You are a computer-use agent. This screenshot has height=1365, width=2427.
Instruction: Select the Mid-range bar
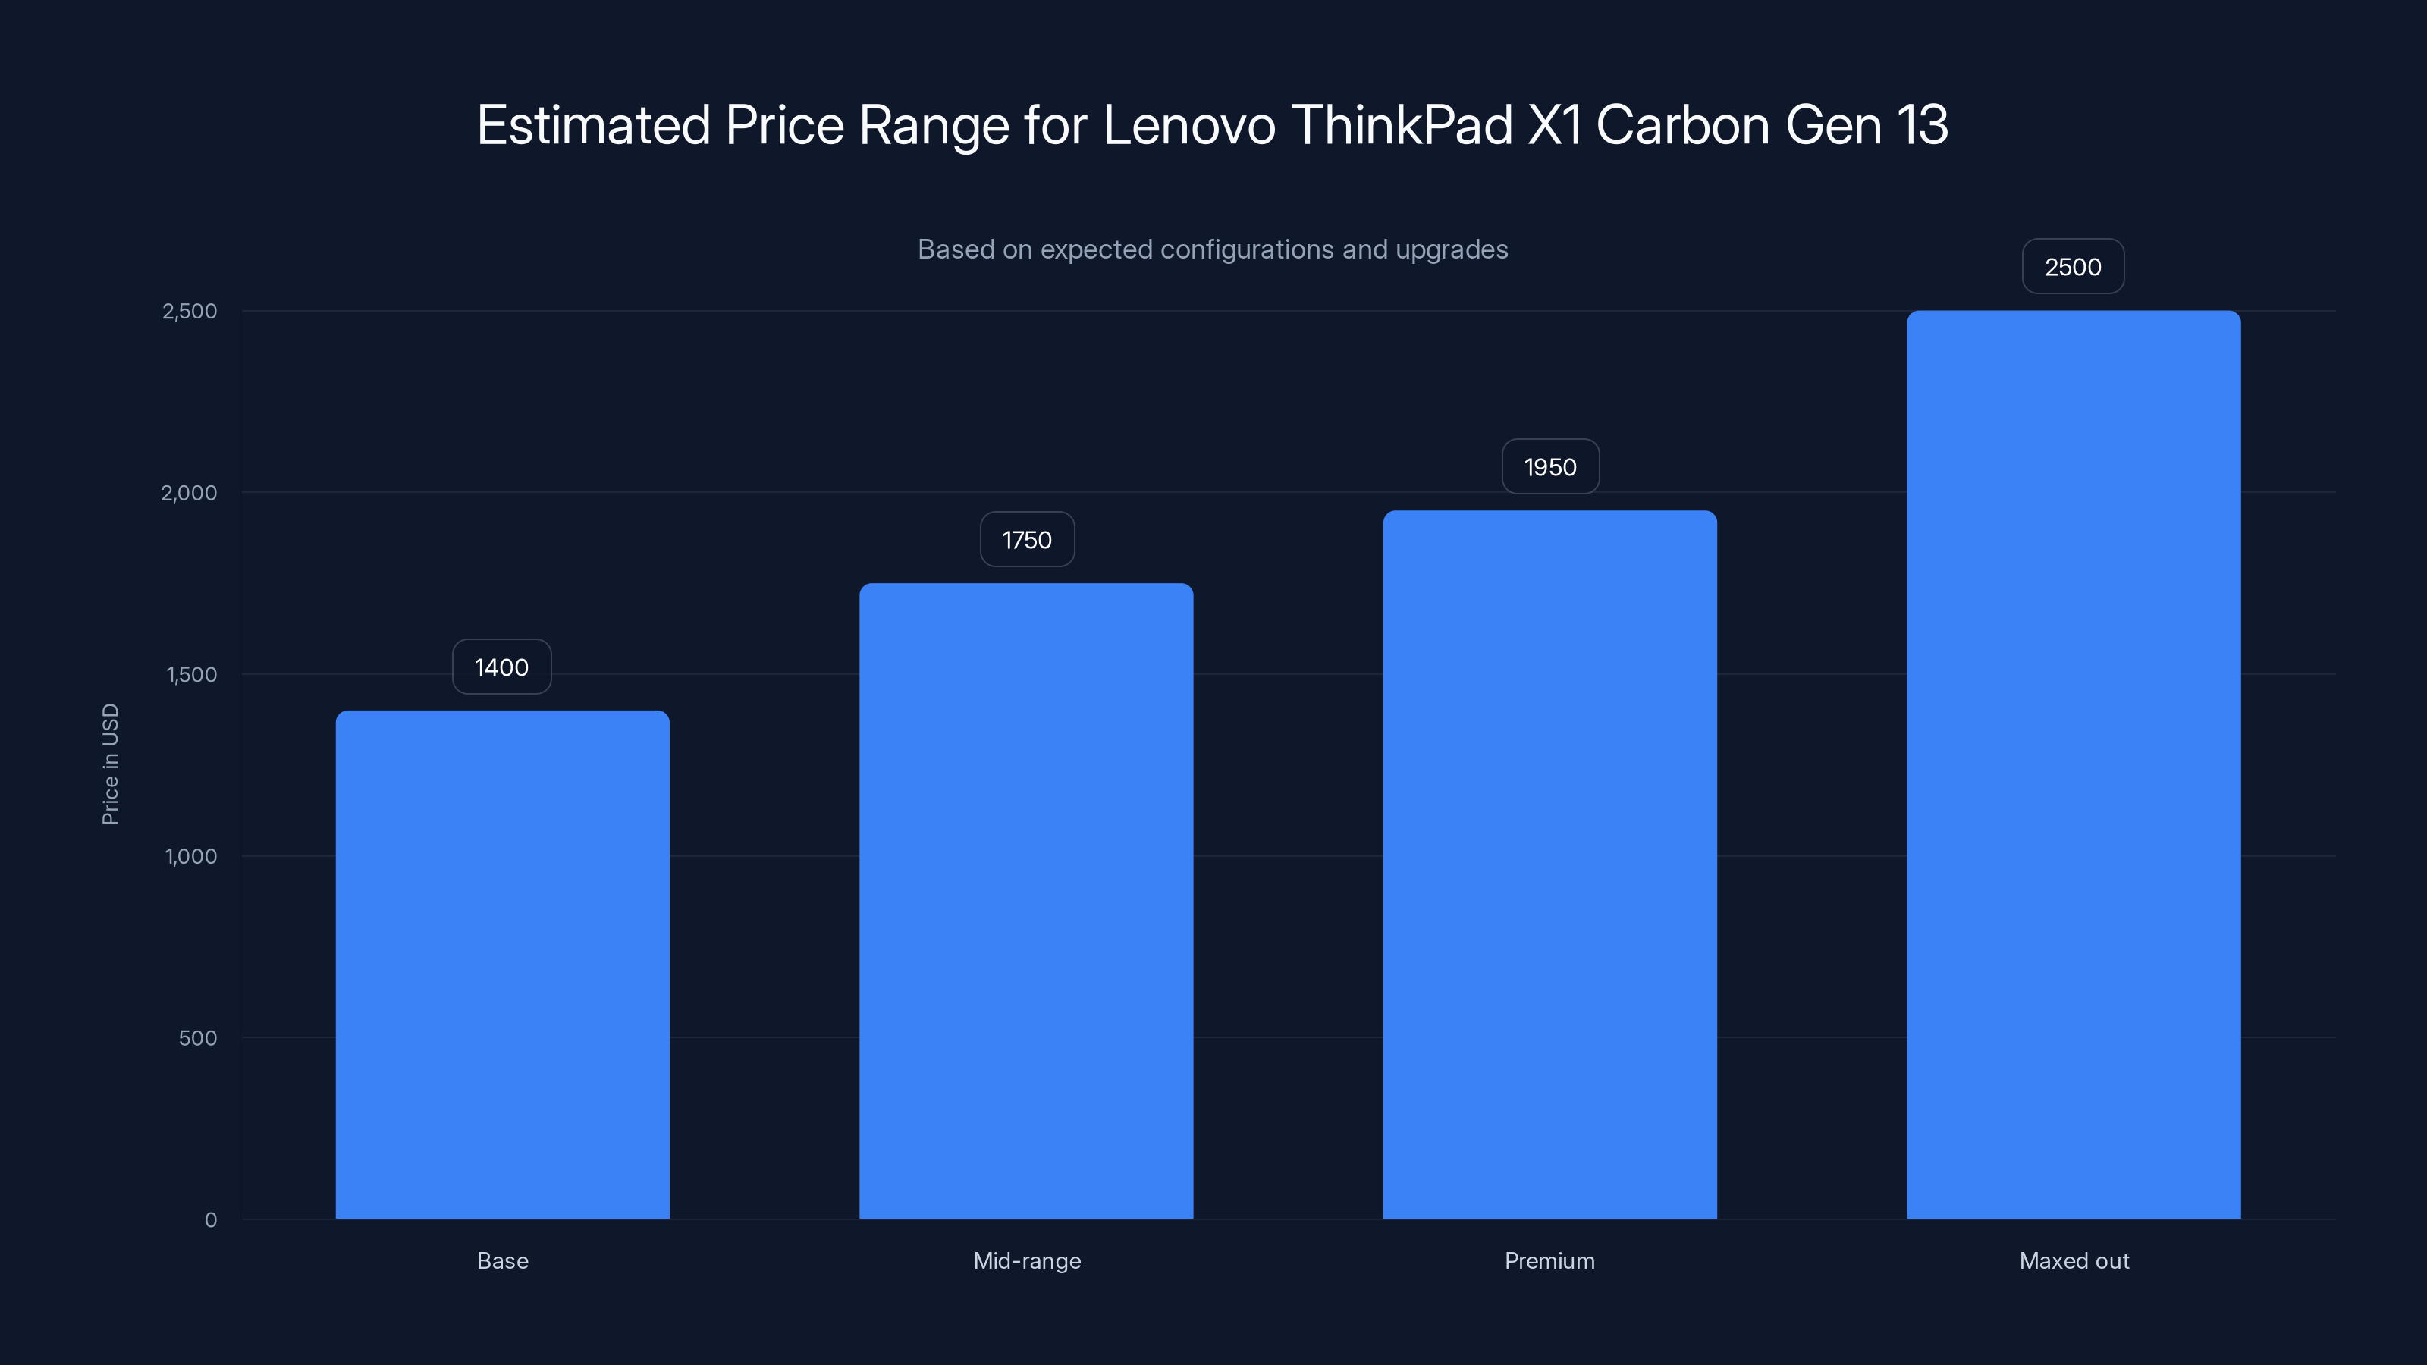tap(1026, 901)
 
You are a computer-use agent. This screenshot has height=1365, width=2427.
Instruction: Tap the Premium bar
tap(1549, 864)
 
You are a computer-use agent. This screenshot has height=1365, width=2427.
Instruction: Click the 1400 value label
tap(501, 668)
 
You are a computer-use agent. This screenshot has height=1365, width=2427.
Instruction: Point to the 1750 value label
tap(1027, 540)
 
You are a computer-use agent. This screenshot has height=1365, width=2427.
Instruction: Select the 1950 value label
tap(1549, 467)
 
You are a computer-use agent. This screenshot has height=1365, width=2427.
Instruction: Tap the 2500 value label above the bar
tap(2073, 268)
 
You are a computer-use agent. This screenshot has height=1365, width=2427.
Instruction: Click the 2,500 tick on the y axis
tap(190, 312)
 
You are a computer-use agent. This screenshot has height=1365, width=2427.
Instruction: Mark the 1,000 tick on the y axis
tap(190, 857)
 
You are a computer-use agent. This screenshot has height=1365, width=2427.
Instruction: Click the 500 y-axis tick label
tap(198, 1038)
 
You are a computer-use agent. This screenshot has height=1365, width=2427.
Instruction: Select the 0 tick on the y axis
tap(211, 1220)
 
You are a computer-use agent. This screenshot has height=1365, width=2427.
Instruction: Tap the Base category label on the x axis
tap(502, 1261)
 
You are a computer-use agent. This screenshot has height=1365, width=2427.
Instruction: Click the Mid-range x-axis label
tap(1027, 1261)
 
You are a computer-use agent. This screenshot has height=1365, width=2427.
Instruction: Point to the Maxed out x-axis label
tap(2074, 1261)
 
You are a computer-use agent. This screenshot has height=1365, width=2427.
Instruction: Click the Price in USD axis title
tap(110, 764)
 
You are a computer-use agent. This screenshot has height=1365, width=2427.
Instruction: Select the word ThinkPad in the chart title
tap(1402, 125)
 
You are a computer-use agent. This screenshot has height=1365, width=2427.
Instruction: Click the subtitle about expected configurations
tap(1213, 249)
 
